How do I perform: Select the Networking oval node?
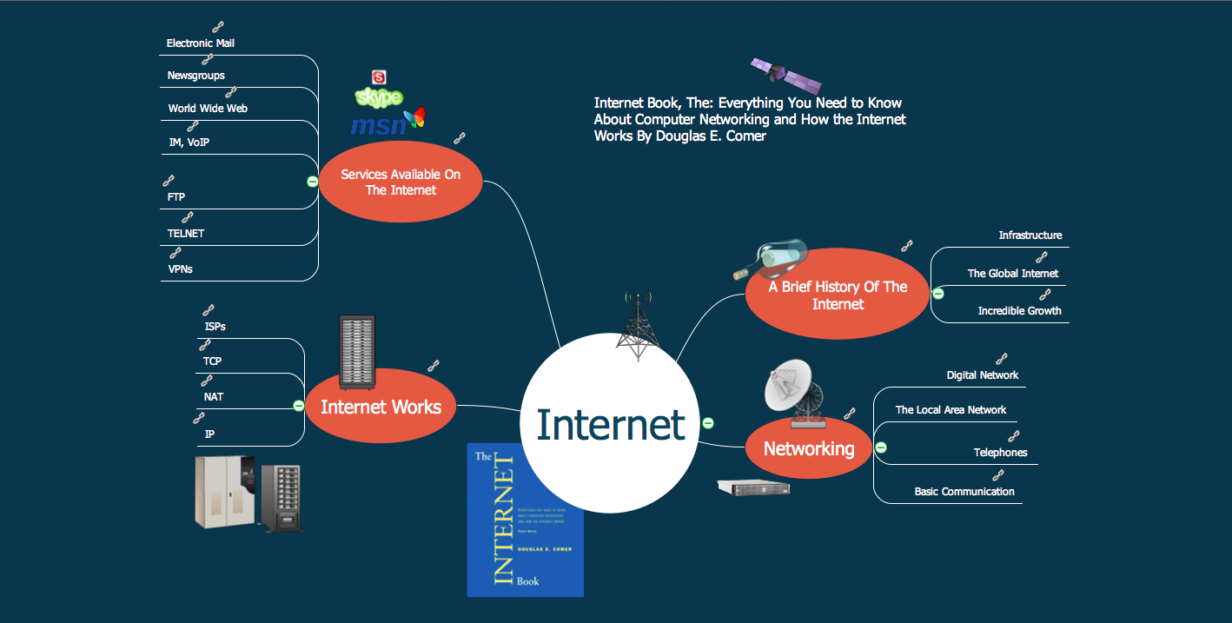click(808, 448)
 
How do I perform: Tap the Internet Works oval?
click(381, 407)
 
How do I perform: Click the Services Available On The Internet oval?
click(401, 182)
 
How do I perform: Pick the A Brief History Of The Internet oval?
click(838, 295)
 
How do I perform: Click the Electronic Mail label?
click(201, 43)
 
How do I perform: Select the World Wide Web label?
click(208, 109)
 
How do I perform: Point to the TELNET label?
click(186, 234)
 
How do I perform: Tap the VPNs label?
click(181, 269)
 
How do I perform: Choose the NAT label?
click(214, 397)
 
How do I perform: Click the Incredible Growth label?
click(1019, 311)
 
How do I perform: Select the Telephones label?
click(1000, 453)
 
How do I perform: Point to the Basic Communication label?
click(964, 492)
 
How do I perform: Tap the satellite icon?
click(785, 76)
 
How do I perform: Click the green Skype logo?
click(379, 96)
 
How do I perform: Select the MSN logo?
click(387, 123)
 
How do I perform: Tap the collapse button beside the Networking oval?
click(881, 447)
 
